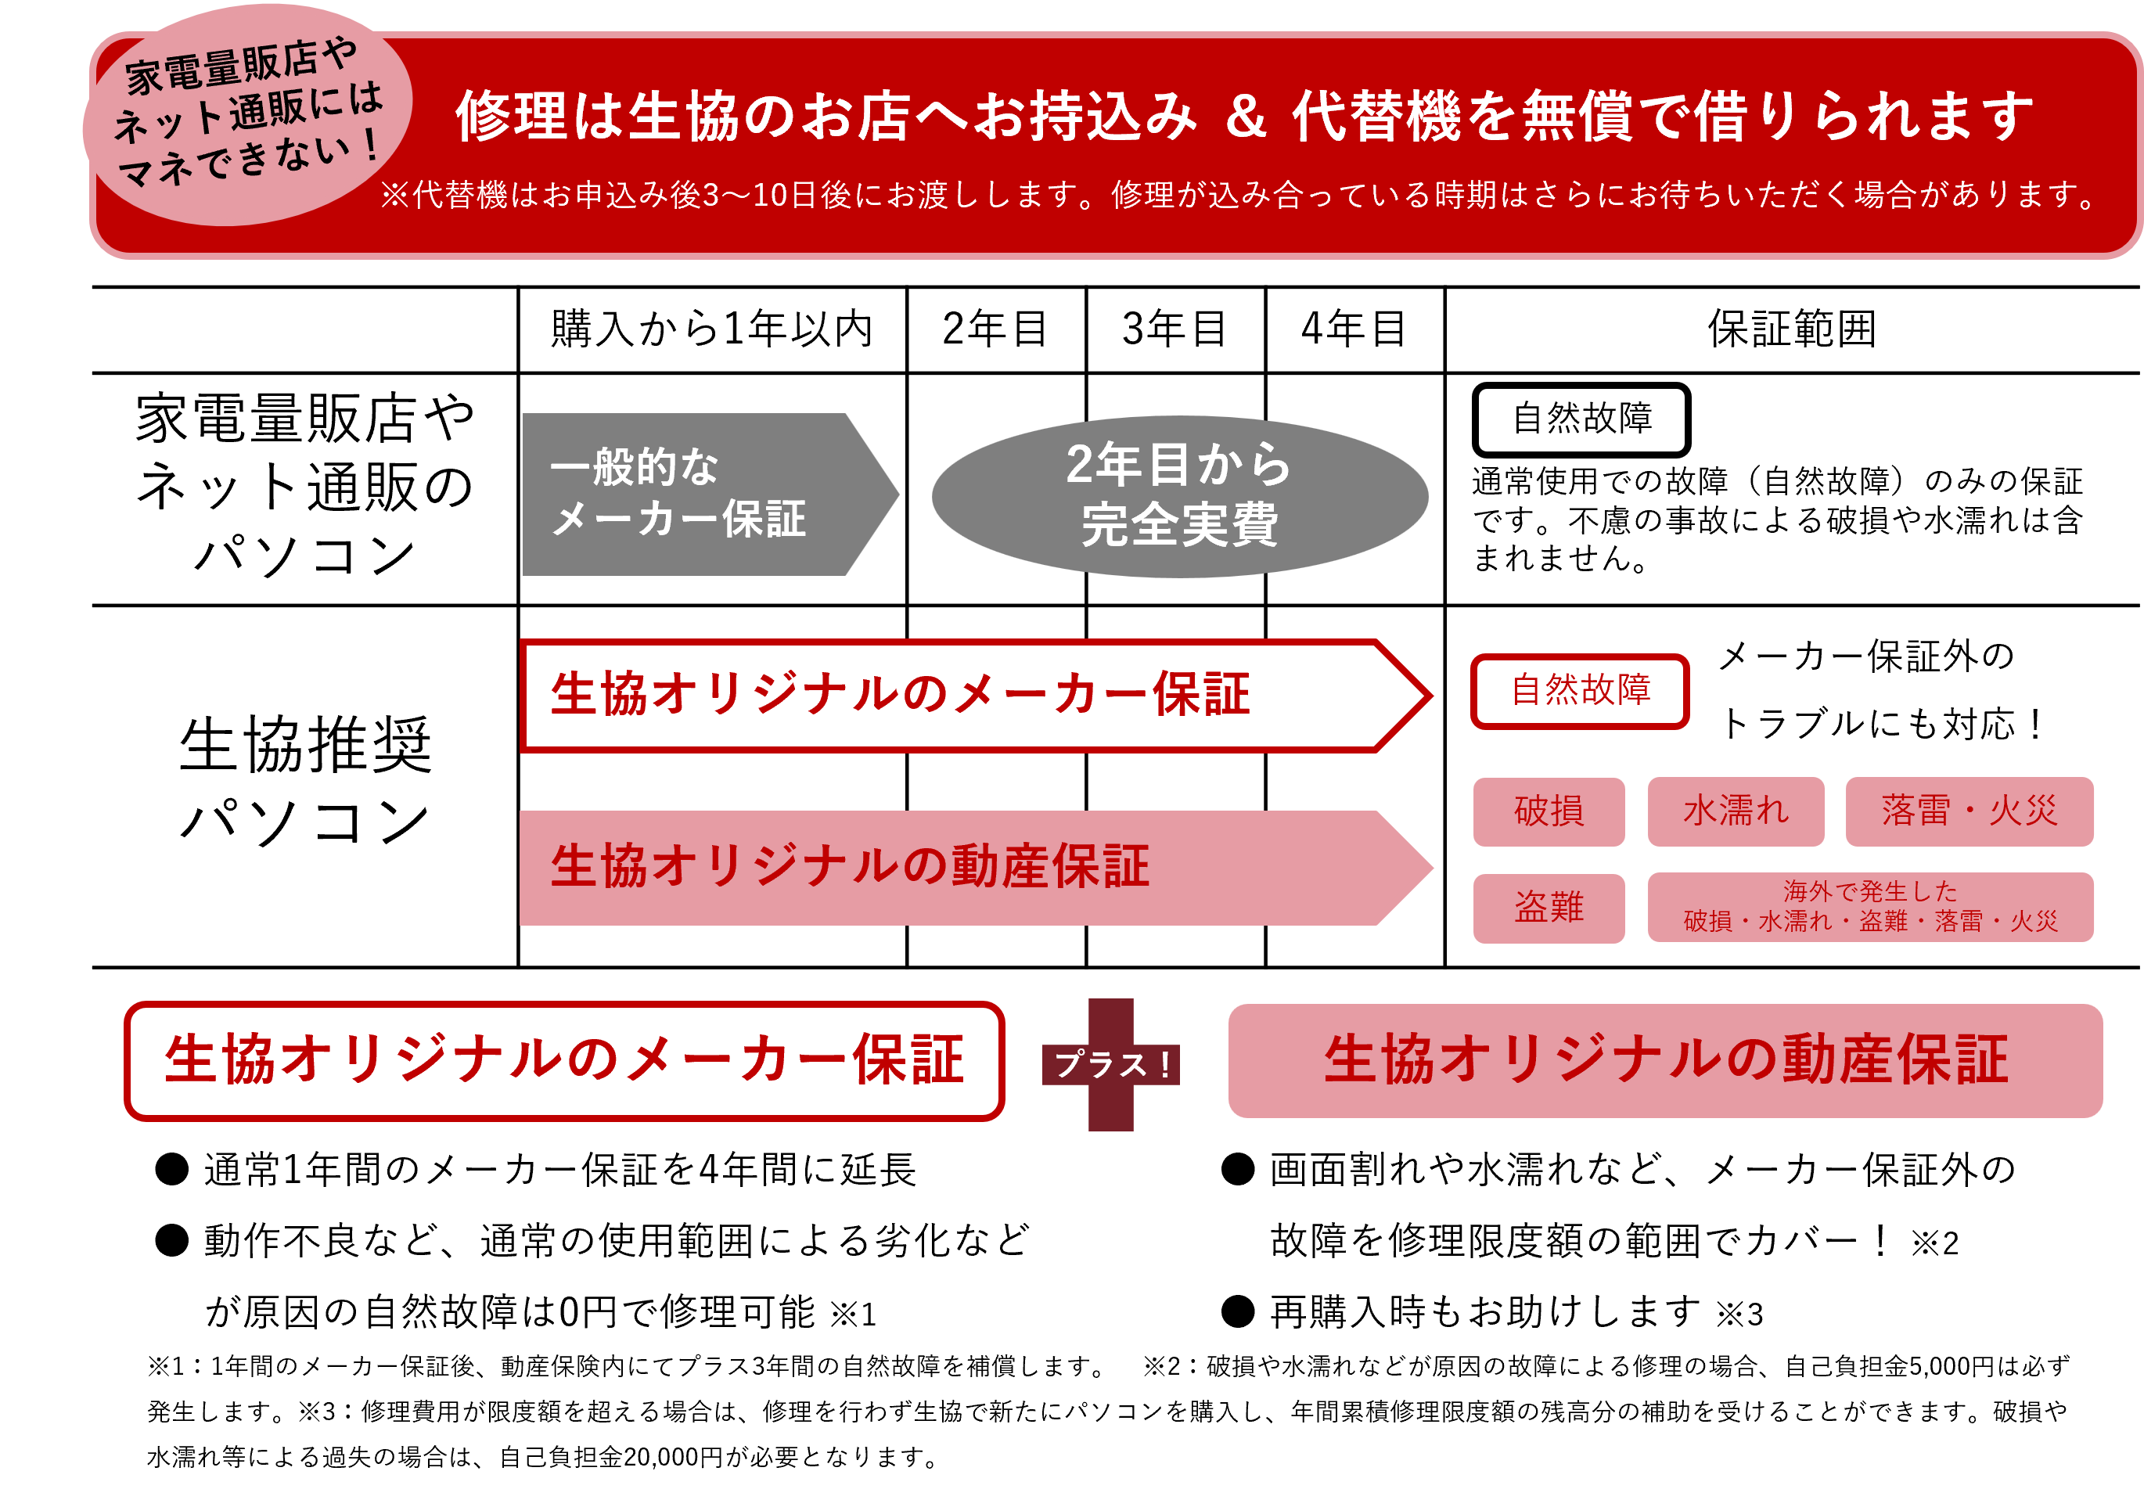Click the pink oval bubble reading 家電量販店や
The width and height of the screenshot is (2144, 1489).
(x=247, y=113)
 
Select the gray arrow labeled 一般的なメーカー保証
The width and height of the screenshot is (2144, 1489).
(x=690, y=494)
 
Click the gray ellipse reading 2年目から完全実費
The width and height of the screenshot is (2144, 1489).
(x=1179, y=495)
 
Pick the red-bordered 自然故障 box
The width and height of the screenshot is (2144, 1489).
(x=1580, y=690)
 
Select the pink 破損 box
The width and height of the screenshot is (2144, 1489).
(x=1548, y=811)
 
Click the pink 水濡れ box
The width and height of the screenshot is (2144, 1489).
(x=1735, y=811)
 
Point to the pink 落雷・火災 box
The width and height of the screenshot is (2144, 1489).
(x=1969, y=811)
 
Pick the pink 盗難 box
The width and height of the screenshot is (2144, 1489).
(x=1548, y=907)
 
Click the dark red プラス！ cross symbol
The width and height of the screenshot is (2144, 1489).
(x=1110, y=1064)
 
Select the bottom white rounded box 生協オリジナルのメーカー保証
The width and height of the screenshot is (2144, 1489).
(x=563, y=1061)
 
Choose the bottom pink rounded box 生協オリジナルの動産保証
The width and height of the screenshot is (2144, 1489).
(x=1664, y=1061)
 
